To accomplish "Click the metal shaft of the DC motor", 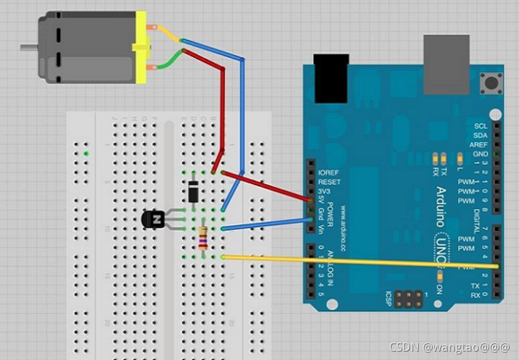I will click(27, 47).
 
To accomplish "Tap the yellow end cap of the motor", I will click(141, 48).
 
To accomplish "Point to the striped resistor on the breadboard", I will click(204, 238).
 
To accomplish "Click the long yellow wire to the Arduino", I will click(358, 261).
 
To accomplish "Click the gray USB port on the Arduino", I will click(446, 64).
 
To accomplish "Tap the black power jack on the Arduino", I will click(331, 78).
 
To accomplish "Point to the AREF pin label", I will click(479, 144).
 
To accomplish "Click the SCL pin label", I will click(480, 126).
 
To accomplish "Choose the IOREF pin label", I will click(328, 172).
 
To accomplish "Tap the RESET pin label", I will click(329, 181).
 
